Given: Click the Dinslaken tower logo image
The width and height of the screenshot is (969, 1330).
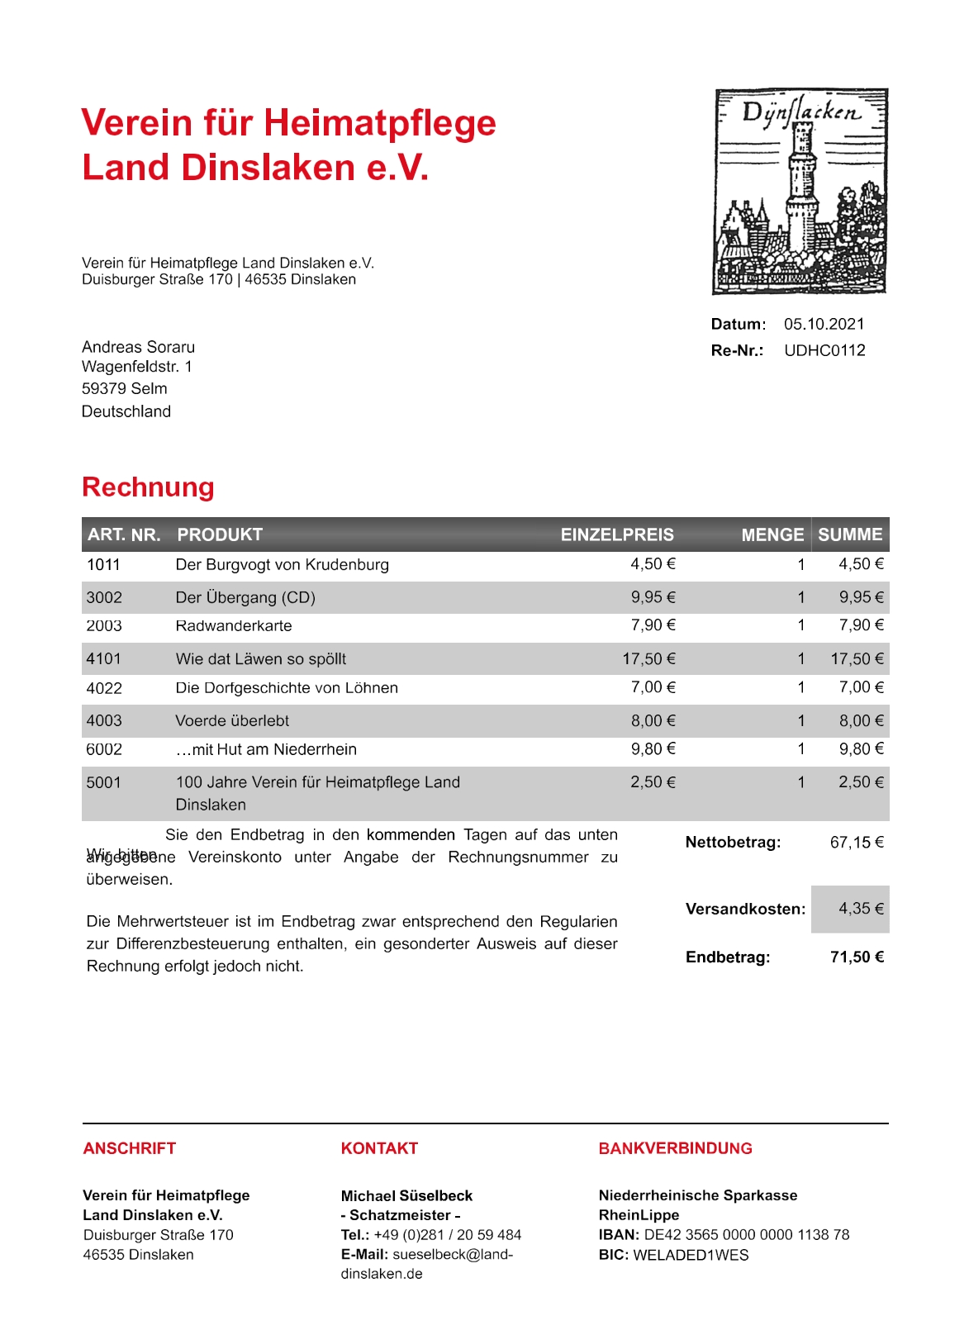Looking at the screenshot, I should pos(800,192).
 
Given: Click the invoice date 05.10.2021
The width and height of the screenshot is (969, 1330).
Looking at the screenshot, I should pos(824,324).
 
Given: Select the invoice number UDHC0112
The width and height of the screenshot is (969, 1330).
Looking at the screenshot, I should pos(824,350).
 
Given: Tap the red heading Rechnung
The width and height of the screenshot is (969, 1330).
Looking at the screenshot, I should pos(148,487).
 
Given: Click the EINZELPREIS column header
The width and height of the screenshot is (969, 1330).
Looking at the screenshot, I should pos(617,534).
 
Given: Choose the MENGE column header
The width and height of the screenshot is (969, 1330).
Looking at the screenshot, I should pos(772,534).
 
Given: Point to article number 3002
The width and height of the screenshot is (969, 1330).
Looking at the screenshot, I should pos(104,597).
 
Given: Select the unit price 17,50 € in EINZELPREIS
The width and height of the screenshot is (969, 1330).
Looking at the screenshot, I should pos(648,658).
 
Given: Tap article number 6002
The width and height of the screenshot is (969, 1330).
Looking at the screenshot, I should pos(104,749).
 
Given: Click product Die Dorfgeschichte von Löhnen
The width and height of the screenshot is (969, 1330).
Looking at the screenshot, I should pos(287,687).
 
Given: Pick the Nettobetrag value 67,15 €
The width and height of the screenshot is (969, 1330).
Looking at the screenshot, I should pos(857,843).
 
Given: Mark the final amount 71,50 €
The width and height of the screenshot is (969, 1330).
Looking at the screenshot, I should pos(857,957).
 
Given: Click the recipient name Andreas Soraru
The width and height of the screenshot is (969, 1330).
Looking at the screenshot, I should pos(138,347).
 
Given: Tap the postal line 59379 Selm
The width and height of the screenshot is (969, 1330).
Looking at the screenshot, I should pos(124,388).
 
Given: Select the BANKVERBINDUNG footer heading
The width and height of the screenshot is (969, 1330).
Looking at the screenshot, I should pos(675,1148).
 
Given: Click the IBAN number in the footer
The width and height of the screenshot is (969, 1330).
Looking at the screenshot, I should pos(746,1235).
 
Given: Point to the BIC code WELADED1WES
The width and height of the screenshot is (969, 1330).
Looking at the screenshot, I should pos(691,1255).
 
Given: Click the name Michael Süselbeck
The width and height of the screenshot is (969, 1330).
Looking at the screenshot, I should pos(406,1195).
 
